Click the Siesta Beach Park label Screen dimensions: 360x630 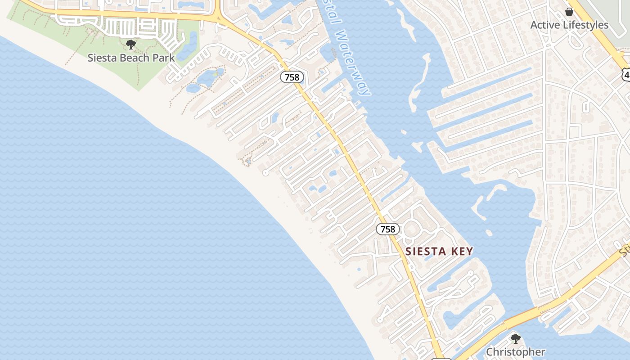coord(131,58)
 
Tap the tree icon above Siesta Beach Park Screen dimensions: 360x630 coord(131,45)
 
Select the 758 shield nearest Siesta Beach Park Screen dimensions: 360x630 coord(292,77)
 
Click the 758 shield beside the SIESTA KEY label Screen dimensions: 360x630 coord(387,229)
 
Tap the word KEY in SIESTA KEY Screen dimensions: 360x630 coord(461,251)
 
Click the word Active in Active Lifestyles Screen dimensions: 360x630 coord(546,25)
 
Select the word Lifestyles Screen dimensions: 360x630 coord(586,25)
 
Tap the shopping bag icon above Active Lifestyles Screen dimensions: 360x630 coord(569,12)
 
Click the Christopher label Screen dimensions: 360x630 coord(516,352)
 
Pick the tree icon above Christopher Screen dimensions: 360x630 coord(516,338)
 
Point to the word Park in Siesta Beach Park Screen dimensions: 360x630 coord(163,58)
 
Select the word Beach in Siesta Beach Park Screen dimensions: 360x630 coord(133,58)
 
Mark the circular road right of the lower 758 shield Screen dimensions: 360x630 coord(411,229)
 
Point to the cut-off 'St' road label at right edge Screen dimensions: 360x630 coord(625,250)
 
